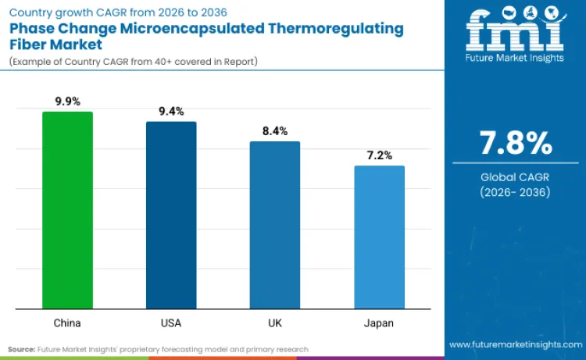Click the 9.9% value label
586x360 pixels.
[x=67, y=101]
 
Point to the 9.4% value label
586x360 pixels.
[x=171, y=111]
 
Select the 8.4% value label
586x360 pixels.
[x=275, y=130]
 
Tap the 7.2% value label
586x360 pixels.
[x=380, y=155]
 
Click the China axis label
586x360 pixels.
[x=67, y=323]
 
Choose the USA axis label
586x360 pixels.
[x=171, y=323]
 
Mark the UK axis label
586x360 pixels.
[x=275, y=323]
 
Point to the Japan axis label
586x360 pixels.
[x=380, y=323]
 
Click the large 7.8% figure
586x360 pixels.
[x=515, y=144]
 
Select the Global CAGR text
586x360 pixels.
[x=515, y=178]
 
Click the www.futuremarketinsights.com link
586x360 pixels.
[x=516, y=344]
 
